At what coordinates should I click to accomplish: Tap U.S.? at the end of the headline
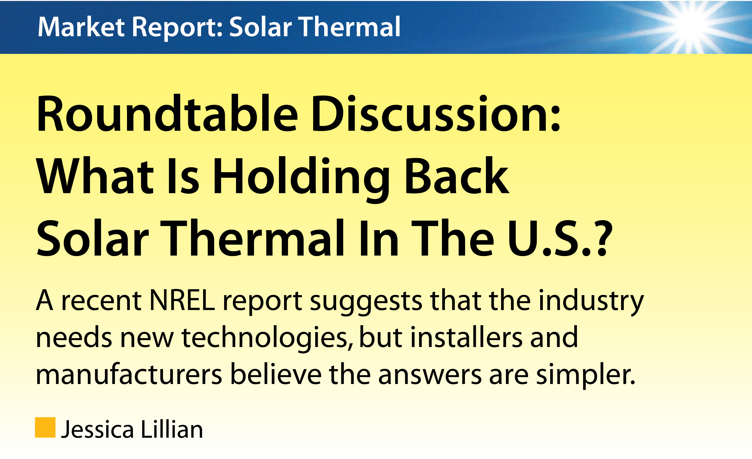pyautogui.click(x=560, y=238)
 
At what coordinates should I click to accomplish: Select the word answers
pyautogui.click(x=430, y=377)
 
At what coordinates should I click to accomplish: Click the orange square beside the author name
pyautogui.click(x=45, y=427)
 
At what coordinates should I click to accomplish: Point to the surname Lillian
pyautogui.click(x=172, y=428)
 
